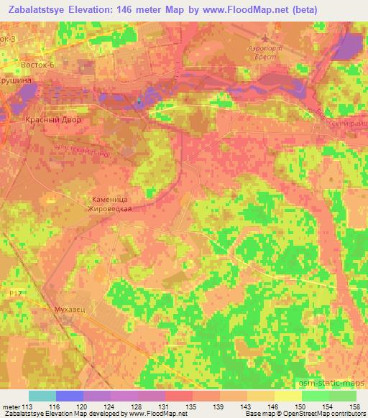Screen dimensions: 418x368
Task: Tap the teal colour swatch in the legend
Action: click(42, 396)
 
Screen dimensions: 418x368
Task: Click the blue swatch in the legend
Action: click(70, 396)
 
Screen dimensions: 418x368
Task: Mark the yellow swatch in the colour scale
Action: click(287, 396)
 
